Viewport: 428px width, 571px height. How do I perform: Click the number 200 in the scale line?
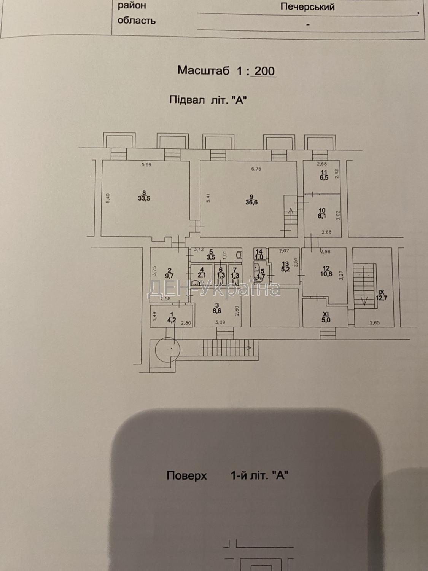coord(265,71)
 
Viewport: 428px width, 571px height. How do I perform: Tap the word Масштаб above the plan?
coord(204,71)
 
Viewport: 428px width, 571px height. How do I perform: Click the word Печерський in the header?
coord(307,6)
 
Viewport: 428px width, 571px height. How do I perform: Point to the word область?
coord(137,21)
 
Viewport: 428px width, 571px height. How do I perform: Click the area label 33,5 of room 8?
coord(144,198)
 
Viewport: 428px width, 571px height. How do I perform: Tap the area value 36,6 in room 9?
coord(251,203)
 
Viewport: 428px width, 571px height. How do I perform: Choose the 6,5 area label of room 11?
coord(324,178)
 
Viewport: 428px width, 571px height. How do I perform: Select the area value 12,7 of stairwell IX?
coord(381,298)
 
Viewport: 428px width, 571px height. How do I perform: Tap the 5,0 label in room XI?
coord(326,320)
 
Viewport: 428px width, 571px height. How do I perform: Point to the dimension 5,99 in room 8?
coord(146,165)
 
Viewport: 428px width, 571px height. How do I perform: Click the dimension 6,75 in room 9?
coord(257,169)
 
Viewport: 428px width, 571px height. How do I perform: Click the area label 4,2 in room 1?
coord(172,320)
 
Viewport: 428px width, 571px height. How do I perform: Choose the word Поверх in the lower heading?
coord(186,476)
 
